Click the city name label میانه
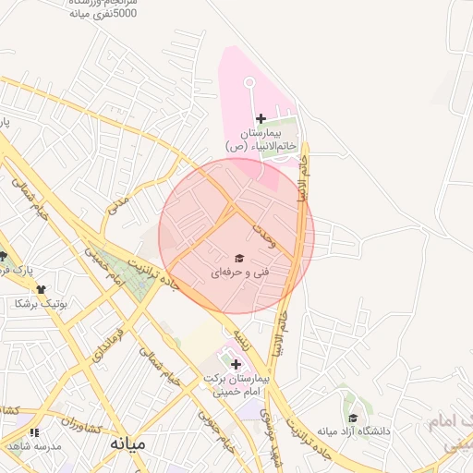(x=127, y=443)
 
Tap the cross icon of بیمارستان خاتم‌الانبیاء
(x=261, y=118)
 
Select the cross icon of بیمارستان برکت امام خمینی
(x=236, y=364)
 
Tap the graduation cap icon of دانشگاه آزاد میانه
(x=352, y=418)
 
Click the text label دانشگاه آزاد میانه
(x=355, y=431)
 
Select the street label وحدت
(x=268, y=237)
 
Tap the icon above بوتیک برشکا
(x=41, y=289)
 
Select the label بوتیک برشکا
(x=37, y=303)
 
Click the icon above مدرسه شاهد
(x=34, y=432)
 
